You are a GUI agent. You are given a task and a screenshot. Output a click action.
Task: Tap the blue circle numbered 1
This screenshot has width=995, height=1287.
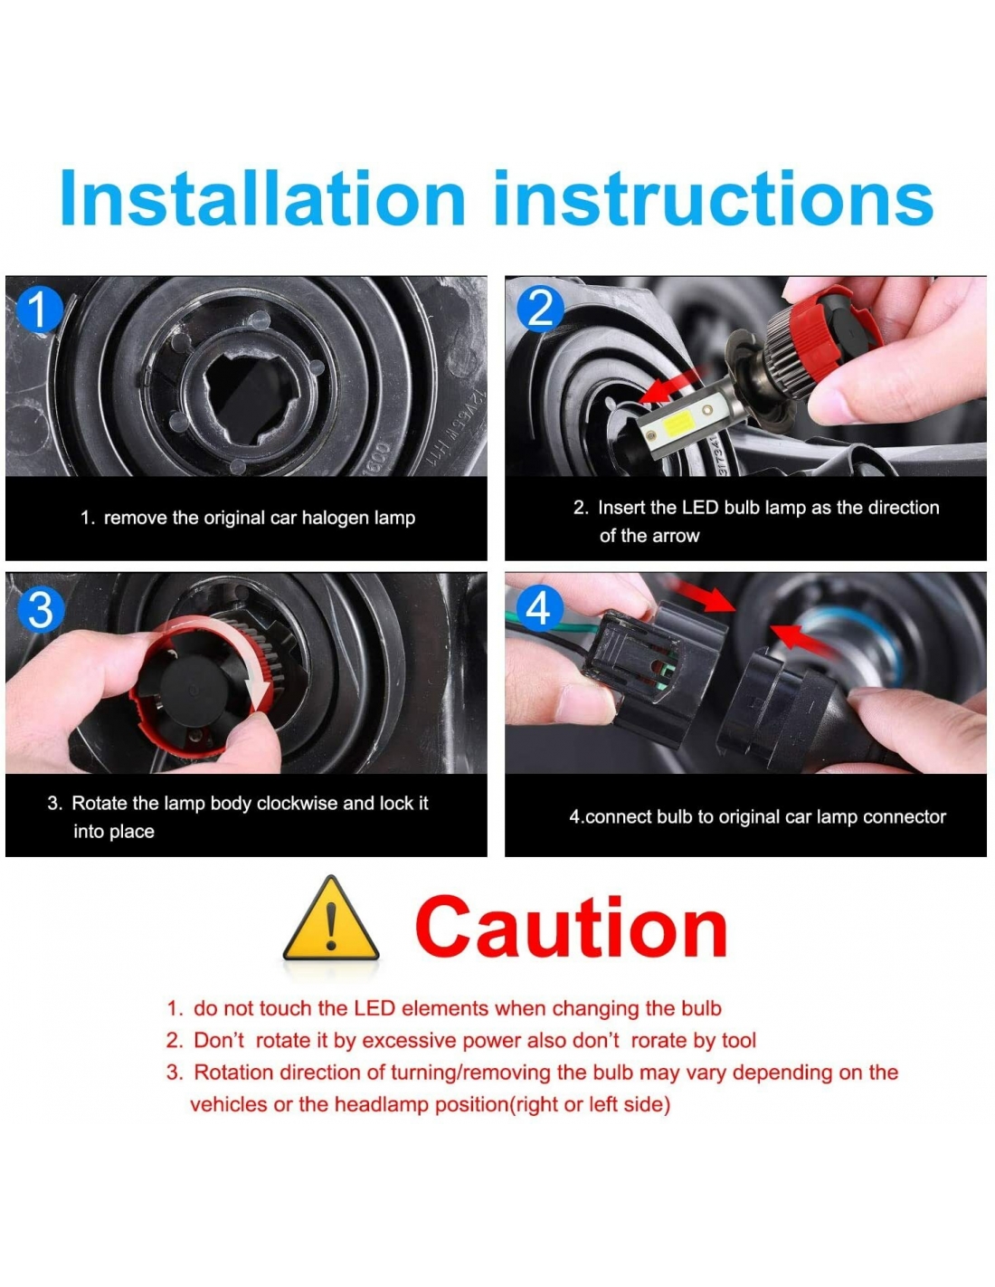[39, 310]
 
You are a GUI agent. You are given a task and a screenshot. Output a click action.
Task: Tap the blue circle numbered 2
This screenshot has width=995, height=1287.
[540, 308]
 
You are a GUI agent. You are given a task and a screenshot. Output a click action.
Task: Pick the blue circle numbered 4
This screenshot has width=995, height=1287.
[538, 608]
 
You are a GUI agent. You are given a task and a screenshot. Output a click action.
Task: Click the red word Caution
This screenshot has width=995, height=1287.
[571, 928]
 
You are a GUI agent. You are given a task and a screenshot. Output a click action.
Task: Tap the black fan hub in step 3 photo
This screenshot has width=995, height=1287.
[196, 691]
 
